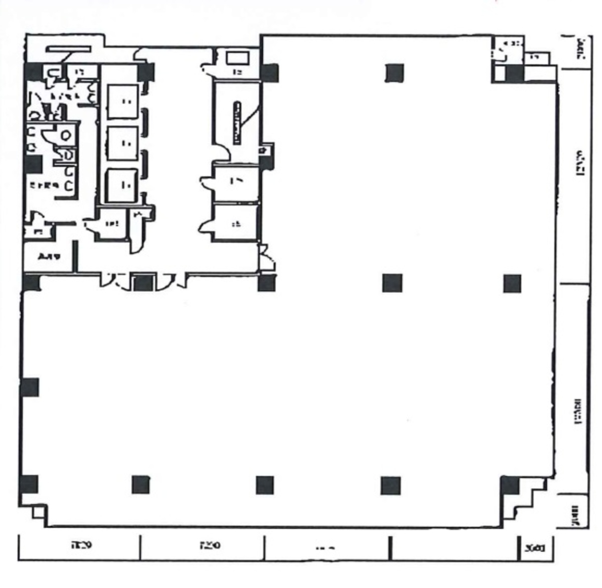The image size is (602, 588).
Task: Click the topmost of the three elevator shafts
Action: pyautogui.click(x=122, y=101)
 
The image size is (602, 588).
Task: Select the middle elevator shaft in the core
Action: pyautogui.click(x=122, y=143)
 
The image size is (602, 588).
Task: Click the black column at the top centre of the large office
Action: pyautogui.click(x=395, y=73)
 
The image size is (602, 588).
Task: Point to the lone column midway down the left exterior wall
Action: pyautogui.click(x=30, y=387)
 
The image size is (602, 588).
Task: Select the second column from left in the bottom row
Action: pyautogui.click(x=140, y=485)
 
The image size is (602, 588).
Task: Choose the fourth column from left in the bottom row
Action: pyautogui.click(x=390, y=486)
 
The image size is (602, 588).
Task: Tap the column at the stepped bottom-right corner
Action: pyautogui.click(x=509, y=485)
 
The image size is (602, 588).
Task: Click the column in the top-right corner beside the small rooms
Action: pyautogui.click(x=514, y=74)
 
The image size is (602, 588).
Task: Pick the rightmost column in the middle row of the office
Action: pyautogui.click(x=512, y=283)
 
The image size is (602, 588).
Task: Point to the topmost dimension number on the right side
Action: pyautogui.click(x=581, y=49)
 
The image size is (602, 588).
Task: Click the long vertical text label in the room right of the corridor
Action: pyautogui.click(x=236, y=123)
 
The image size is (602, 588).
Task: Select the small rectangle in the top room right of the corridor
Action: pyautogui.click(x=238, y=58)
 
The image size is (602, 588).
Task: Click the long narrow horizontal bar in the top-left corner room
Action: pyautogui.click(x=69, y=49)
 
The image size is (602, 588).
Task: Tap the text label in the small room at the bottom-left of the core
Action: pyautogui.click(x=49, y=257)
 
